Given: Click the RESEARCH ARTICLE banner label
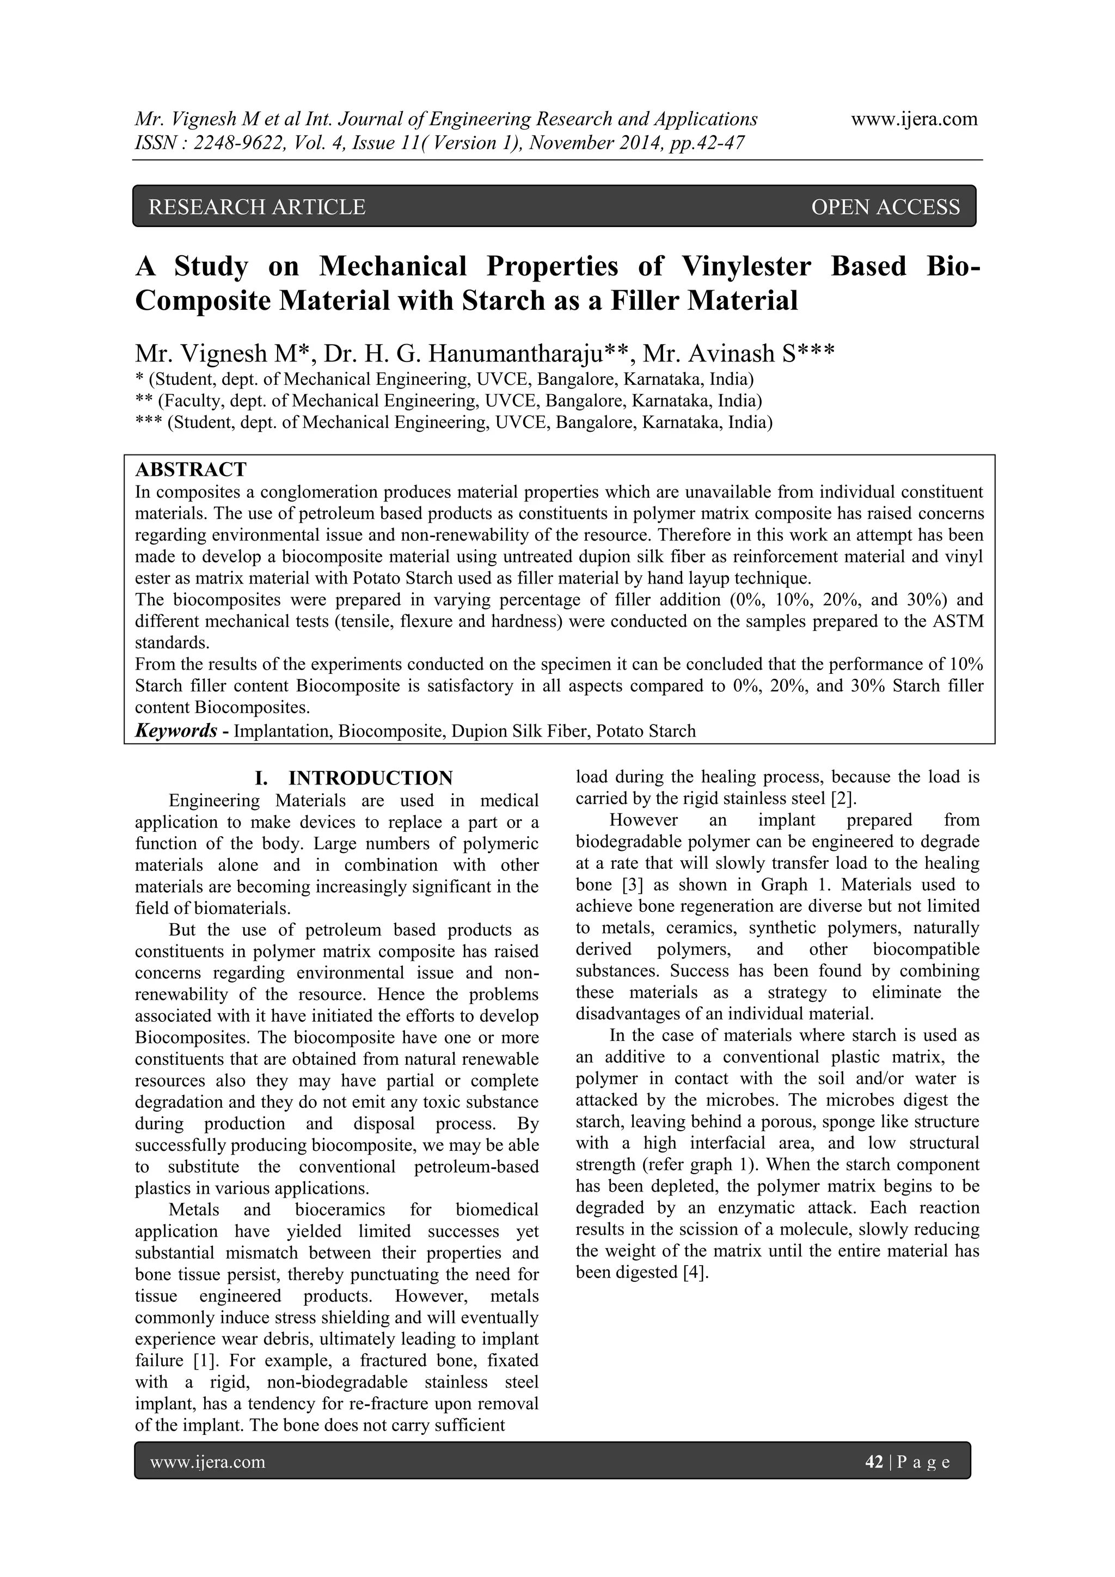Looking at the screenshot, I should (257, 207).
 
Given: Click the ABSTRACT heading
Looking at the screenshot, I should (191, 470).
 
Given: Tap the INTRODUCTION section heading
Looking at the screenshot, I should (370, 778).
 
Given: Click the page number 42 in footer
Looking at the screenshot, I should (874, 1462).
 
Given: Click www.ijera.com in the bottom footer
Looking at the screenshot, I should (207, 1462).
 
